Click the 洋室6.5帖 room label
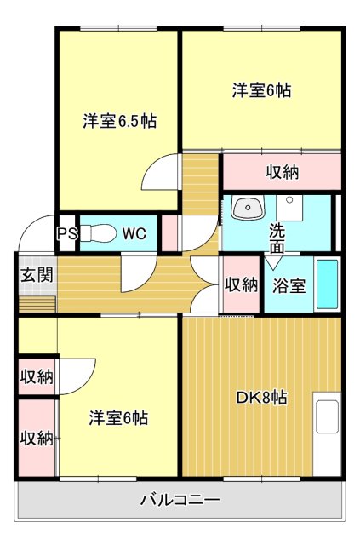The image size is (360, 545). coord(119,121)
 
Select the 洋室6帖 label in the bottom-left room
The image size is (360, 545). coord(119,418)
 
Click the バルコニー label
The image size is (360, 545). coord(180,500)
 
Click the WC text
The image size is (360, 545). coord(134,233)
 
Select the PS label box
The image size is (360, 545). coord(66,233)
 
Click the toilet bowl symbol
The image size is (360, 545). coord(100,232)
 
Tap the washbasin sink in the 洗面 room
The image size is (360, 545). coord(248,207)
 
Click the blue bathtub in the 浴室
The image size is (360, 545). coord(327,284)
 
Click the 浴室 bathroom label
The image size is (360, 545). coord(289,286)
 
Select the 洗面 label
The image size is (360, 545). coord(277,238)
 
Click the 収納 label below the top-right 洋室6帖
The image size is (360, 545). coord(282,172)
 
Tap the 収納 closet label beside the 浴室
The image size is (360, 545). coord(241,285)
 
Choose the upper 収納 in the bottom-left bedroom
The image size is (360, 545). coord(37,376)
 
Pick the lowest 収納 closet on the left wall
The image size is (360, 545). coord(37,439)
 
